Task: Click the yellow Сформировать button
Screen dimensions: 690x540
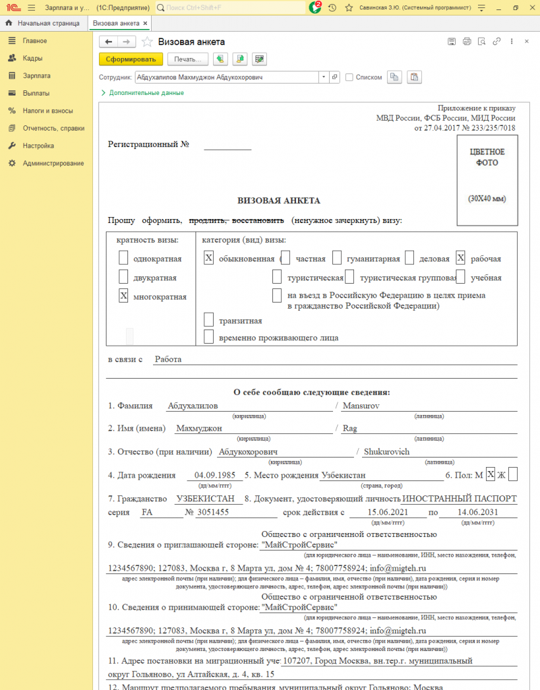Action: point(131,59)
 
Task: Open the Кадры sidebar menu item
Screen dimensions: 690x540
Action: point(32,58)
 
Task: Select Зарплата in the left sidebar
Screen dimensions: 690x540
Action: point(36,75)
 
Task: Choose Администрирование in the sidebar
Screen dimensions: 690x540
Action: point(53,163)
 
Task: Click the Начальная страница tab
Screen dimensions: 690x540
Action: point(48,23)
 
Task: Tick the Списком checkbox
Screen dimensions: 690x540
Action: point(349,77)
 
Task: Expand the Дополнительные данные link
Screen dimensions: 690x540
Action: point(146,93)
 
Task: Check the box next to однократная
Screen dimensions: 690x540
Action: point(123,257)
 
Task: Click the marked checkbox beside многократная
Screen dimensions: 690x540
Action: point(123,296)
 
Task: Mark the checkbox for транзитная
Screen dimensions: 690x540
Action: point(209,320)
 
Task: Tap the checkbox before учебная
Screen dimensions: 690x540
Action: point(460,277)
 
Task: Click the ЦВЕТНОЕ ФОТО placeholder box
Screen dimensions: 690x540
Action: point(487,181)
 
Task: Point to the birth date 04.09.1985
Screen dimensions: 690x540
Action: point(214,475)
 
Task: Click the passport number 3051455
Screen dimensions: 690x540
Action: point(212,512)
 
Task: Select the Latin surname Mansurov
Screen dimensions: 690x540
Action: point(362,406)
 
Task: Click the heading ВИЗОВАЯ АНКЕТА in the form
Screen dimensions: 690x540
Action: point(278,200)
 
